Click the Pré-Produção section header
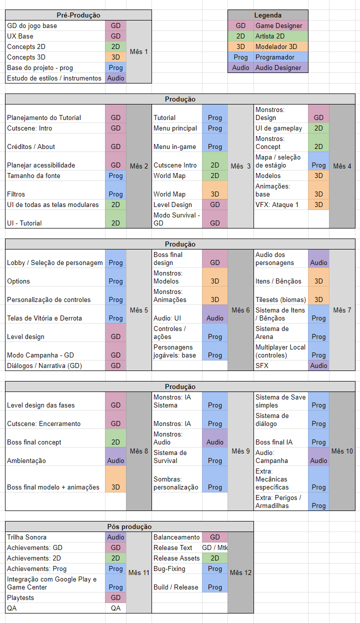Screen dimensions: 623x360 (x=78, y=15)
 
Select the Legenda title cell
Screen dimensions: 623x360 (x=267, y=15)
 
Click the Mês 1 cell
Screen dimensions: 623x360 (x=138, y=52)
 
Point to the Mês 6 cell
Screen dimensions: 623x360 (x=240, y=310)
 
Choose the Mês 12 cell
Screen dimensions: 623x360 (x=240, y=572)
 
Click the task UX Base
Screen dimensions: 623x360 (x=20, y=36)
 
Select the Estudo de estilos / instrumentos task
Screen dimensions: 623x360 (x=54, y=78)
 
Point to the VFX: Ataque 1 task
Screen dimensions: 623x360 (x=277, y=204)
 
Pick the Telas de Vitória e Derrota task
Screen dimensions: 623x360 (x=44, y=318)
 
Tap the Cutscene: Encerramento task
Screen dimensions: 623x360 (x=43, y=423)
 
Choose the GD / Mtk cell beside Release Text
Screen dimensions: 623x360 (x=214, y=547)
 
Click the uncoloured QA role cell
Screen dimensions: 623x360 (x=115, y=608)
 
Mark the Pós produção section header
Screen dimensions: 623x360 (x=129, y=526)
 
